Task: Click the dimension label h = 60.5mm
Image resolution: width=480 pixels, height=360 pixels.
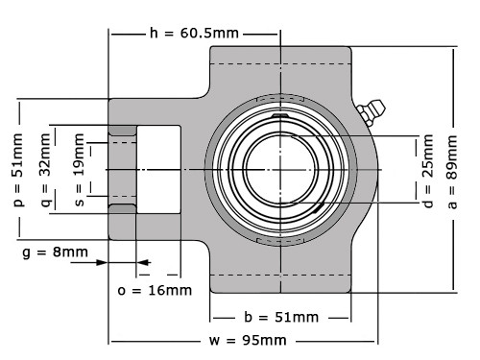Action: [194, 34]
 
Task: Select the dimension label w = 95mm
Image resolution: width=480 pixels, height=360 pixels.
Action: [247, 341]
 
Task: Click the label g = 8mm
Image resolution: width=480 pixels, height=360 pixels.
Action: [55, 252]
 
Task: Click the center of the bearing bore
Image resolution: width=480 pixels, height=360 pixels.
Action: [280, 169]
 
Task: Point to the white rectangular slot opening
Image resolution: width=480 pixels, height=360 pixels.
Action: [158, 169]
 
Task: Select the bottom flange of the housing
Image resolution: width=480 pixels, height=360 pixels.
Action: [280, 279]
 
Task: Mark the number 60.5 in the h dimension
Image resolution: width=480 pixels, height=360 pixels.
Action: [209, 34]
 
